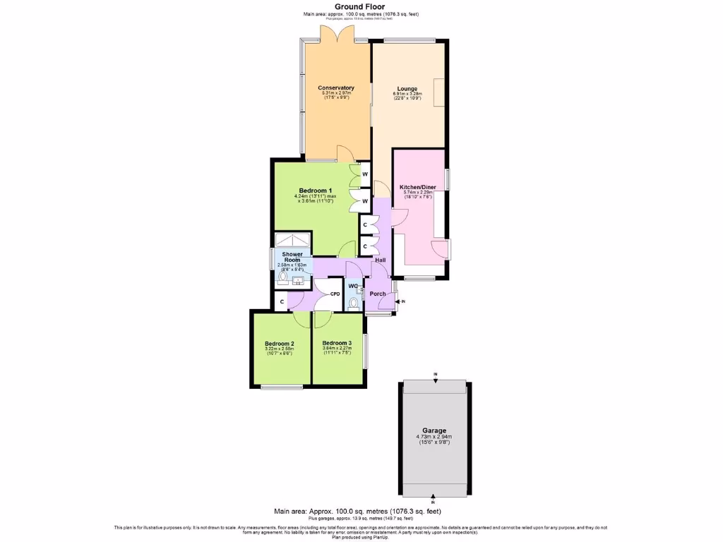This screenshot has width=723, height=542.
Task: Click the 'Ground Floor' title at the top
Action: click(x=360, y=6)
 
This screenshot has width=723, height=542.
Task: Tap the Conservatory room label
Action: click(x=335, y=88)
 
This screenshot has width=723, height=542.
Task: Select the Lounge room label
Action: click(x=407, y=89)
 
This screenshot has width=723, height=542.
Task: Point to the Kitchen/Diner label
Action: click(x=418, y=187)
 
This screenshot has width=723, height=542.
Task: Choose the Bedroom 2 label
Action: click(x=279, y=344)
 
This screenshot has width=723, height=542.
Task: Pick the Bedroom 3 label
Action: click(x=337, y=343)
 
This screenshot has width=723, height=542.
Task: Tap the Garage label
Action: click(x=435, y=430)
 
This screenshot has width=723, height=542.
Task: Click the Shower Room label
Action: click(x=292, y=257)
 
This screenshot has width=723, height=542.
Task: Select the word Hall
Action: click(x=381, y=260)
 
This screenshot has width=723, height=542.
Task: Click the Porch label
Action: click(x=378, y=294)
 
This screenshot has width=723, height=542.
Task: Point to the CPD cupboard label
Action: click(x=335, y=294)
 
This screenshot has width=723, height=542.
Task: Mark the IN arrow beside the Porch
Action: click(x=400, y=302)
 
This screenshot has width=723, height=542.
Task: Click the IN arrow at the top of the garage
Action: click(x=436, y=378)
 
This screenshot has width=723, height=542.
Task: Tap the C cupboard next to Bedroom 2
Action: click(x=282, y=301)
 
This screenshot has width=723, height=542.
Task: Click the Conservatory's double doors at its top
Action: click(x=336, y=34)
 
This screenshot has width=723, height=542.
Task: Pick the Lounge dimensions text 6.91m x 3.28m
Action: click(x=407, y=93)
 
